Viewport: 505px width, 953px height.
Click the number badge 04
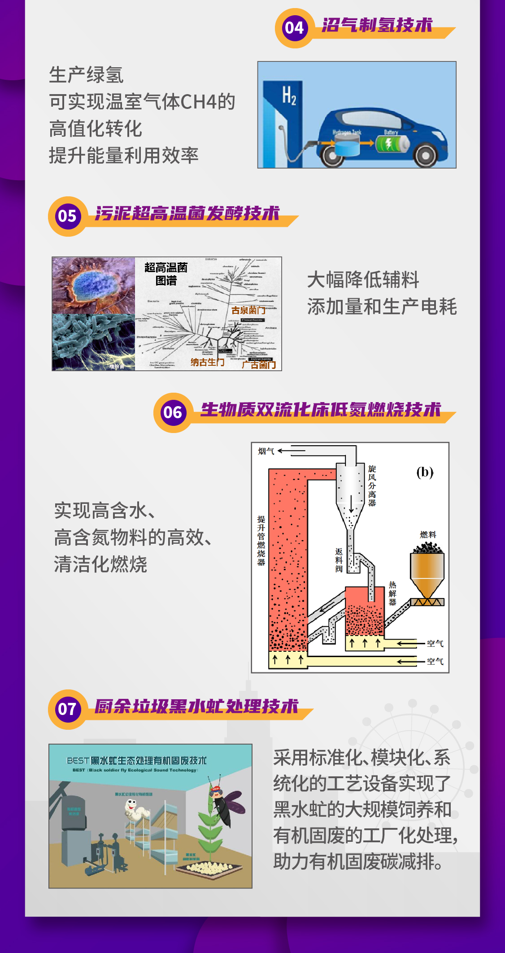pyautogui.click(x=294, y=28)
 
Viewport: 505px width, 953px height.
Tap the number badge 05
pyautogui.click(x=67, y=216)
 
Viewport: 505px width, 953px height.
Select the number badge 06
pyautogui.click(x=173, y=412)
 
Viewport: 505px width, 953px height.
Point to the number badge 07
pyautogui.click(x=67, y=709)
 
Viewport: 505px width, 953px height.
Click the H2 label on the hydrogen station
pyautogui.click(x=289, y=95)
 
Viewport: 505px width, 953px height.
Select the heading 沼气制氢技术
pyautogui.click(x=377, y=25)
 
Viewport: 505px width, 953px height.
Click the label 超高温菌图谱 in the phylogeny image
pyautogui.click(x=166, y=273)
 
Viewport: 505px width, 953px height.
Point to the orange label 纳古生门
pyautogui.click(x=207, y=362)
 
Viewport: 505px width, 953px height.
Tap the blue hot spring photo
pyautogui.click(x=93, y=286)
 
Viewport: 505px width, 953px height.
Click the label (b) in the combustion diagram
pyautogui.click(x=425, y=472)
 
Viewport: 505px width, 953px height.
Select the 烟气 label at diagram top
pyautogui.click(x=266, y=451)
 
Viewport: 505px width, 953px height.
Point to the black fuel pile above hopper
pyautogui.click(x=427, y=547)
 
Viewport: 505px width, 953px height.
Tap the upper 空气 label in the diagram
pyautogui.click(x=435, y=643)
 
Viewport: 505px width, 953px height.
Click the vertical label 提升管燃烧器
pyautogui.click(x=261, y=540)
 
